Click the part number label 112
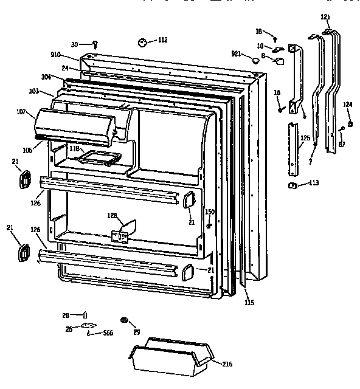(x=162, y=40)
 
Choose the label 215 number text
(x=227, y=364)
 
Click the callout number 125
(x=305, y=138)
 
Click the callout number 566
(x=108, y=334)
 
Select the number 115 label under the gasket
(x=249, y=302)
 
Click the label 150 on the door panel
(x=210, y=212)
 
